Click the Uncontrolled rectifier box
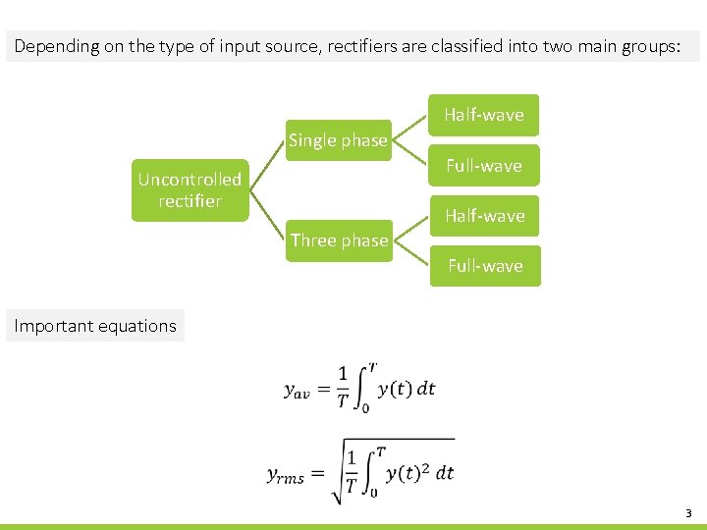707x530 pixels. coord(190,190)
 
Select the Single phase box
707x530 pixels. coord(338,140)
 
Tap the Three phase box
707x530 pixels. coord(339,240)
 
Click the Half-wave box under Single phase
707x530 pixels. coord(484,115)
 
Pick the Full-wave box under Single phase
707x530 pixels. coord(484,166)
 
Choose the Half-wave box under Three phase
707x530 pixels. coord(484,216)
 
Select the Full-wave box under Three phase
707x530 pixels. coord(485,266)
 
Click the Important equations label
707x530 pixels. coord(95,326)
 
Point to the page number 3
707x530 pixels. coord(688,513)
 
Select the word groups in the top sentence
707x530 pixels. coord(643,46)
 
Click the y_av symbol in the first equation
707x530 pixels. coord(297,390)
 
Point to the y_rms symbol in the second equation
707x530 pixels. coord(286,476)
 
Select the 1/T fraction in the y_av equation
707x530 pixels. coord(342,386)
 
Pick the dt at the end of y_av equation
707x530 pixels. coord(426,389)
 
